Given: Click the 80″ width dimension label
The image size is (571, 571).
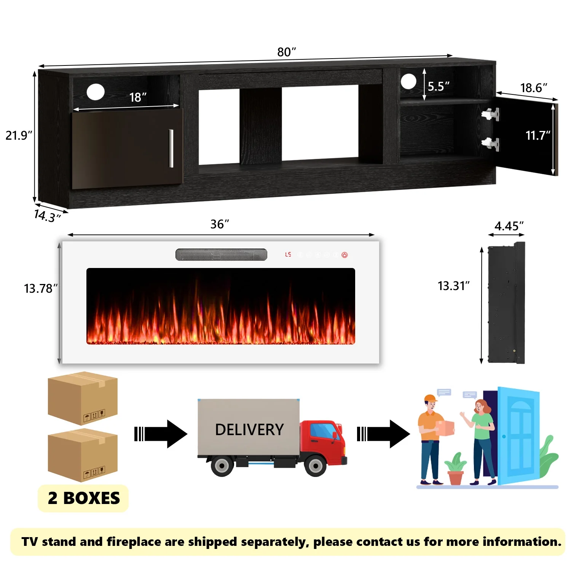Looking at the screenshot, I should click(x=286, y=52).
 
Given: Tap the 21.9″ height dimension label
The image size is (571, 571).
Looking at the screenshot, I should click(x=19, y=136).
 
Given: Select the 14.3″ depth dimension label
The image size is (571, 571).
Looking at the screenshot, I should click(x=47, y=216).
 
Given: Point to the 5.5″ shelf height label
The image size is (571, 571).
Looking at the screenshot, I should click(x=439, y=86).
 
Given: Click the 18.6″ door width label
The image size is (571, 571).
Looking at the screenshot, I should click(x=533, y=88).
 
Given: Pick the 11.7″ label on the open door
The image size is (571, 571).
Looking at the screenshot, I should click(x=538, y=136).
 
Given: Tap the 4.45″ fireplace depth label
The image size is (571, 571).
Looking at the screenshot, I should click(x=509, y=226).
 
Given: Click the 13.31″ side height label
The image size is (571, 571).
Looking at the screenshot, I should click(x=453, y=286).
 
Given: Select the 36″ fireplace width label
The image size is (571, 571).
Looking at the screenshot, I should click(x=220, y=224).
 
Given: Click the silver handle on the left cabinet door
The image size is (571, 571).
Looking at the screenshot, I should click(x=171, y=148).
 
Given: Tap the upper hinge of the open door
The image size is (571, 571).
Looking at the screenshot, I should click(x=491, y=114).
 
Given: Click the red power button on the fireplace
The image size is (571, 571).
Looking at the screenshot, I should click(x=345, y=255).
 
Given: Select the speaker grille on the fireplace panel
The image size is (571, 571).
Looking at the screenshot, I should click(x=221, y=255).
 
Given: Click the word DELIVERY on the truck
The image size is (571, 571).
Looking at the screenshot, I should click(x=249, y=430).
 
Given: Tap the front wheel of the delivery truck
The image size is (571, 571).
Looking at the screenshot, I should click(x=315, y=465).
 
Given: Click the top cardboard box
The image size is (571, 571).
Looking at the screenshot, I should click(x=83, y=398).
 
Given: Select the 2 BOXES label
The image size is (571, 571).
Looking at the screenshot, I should click(x=83, y=498).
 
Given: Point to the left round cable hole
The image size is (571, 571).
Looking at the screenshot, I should click(x=96, y=92).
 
